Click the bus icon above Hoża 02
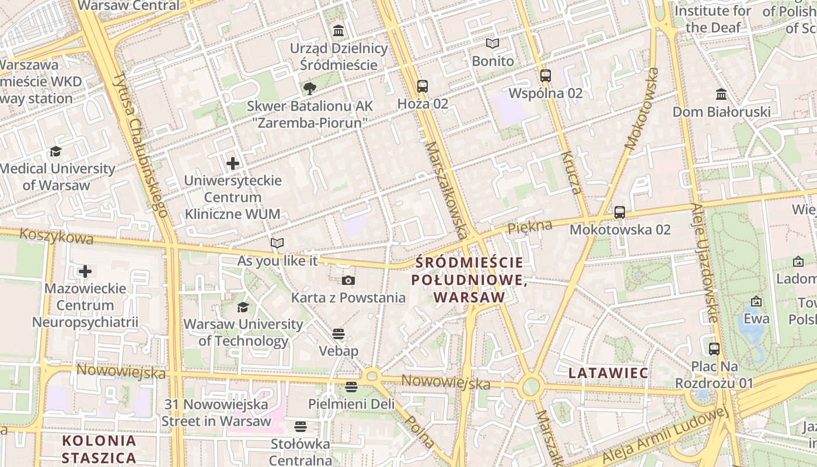coord(423,86)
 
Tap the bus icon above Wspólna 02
coord(546,76)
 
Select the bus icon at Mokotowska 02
coord(620,212)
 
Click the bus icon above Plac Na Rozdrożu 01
coord(714,349)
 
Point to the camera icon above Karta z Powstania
coord(348,281)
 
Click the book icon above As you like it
coord(277,243)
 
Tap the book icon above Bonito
coord(493,44)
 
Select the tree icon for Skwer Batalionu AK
coord(310,89)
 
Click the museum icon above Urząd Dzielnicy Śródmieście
coord(338,30)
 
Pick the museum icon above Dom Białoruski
coord(721,94)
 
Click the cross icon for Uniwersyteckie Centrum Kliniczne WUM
coord(233,163)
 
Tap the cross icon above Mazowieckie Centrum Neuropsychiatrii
coord(85,271)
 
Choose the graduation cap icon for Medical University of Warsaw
coord(55,152)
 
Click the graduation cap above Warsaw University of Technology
coord(243,307)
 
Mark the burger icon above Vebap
coord(338,334)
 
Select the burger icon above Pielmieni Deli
coord(351,386)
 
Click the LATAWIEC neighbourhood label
coord(608,373)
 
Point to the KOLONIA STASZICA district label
coord(99,449)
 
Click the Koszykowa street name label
coord(56,236)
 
